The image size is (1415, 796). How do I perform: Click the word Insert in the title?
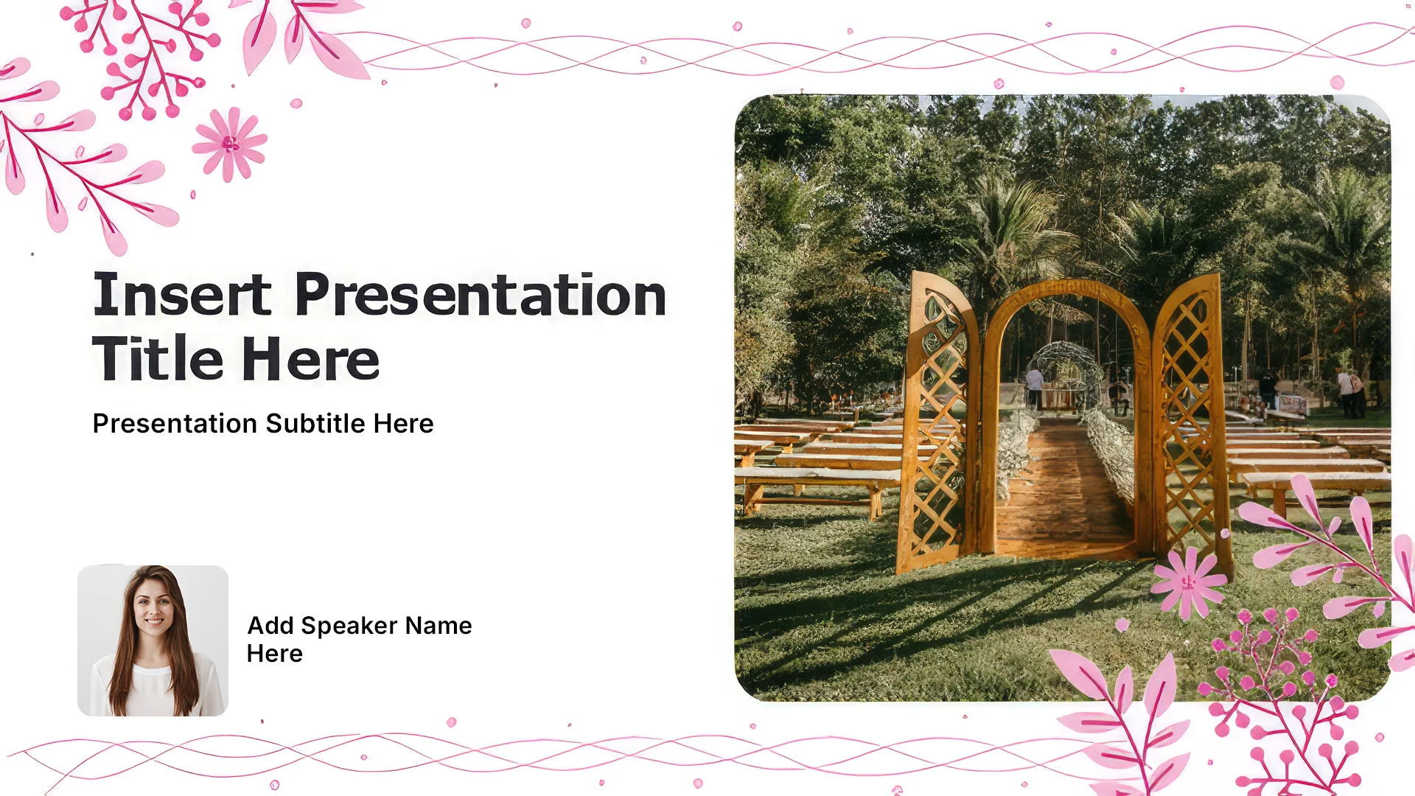(x=182, y=294)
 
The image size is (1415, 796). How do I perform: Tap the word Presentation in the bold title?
(x=481, y=294)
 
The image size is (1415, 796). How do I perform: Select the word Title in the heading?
(x=158, y=358)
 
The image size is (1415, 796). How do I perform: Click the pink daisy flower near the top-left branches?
(x=230, y=144)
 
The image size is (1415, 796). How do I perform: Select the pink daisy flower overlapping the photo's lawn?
(x=1187, y=583)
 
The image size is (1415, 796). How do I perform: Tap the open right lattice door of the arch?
(x=1190, y=420)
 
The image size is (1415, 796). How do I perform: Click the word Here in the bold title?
(x=310, y=358)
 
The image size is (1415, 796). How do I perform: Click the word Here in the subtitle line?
(x=403, y=424)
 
